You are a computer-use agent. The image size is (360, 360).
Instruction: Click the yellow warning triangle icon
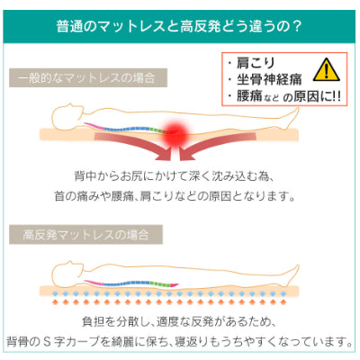(x=327, y=70)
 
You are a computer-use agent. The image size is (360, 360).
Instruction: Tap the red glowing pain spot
(x=176, y=133)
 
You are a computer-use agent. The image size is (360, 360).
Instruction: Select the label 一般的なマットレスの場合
(x=86, y=78)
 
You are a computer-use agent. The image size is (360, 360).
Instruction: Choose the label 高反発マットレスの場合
(x=85, y=234)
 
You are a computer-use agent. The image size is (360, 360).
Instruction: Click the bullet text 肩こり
(x=256, y=63)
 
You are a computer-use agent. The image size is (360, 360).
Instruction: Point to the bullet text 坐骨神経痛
(x=269, y=79)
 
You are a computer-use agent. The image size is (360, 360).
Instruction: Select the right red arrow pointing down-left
(x=218, y=145)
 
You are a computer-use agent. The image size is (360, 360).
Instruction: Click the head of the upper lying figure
(x=67, y=115)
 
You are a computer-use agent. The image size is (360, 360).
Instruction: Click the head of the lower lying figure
(x=67, y=272)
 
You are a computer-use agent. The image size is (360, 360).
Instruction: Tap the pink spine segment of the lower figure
(x=94, y=282)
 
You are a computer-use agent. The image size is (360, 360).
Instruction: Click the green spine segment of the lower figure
(x=157, y=283)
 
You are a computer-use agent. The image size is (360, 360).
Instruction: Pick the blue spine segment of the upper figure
(x=127, y=129)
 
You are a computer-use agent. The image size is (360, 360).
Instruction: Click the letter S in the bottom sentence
(x=47, y=341)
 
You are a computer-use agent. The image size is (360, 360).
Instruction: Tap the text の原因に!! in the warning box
(x=311, y=96)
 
